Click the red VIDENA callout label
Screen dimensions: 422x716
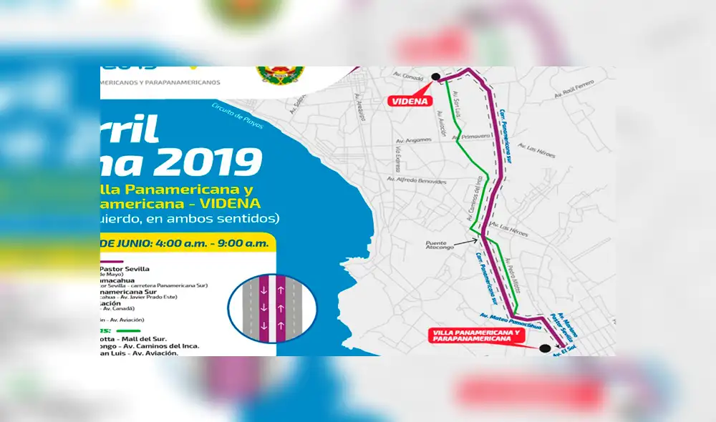[410, 102]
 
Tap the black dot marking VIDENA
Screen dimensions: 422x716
[435, 77]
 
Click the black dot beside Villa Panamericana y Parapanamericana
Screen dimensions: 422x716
[545, 348]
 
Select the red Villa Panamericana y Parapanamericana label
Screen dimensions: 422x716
[474, 336]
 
